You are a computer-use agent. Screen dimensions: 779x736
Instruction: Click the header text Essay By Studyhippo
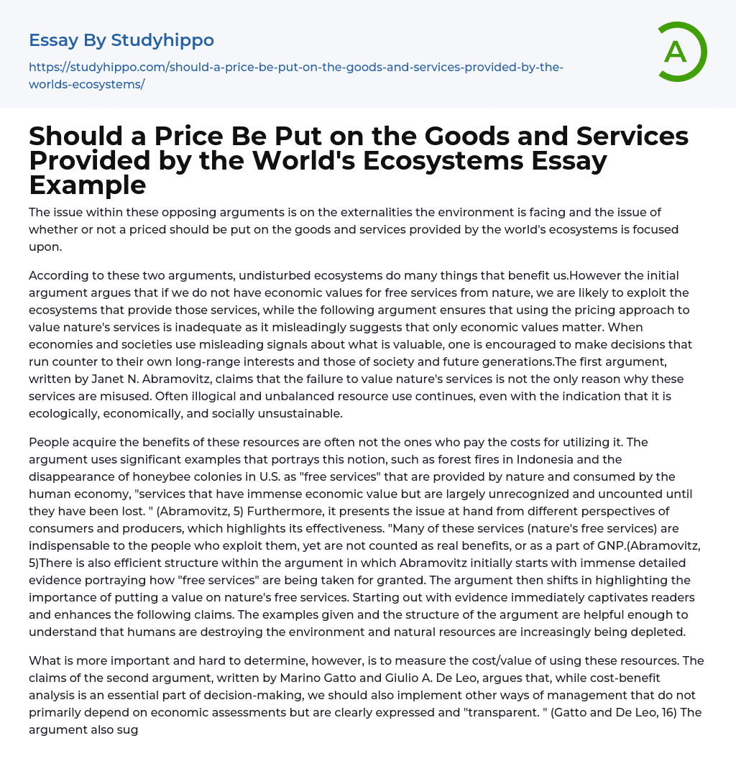click(x=121, y=40)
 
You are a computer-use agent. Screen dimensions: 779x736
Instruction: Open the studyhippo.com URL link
click(x=296, y=75)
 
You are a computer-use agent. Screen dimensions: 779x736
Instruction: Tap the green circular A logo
click(x=677, y=52)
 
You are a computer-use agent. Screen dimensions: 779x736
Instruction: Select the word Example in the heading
click(x=88, y=185)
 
